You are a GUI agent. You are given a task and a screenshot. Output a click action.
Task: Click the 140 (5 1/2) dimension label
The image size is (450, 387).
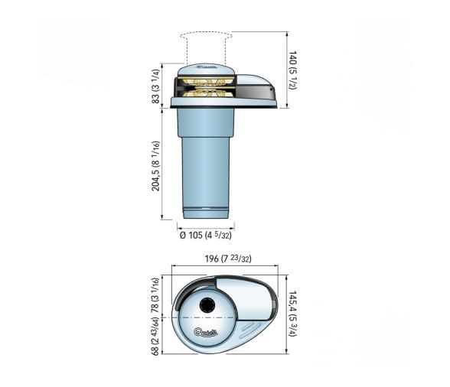pos(293,69)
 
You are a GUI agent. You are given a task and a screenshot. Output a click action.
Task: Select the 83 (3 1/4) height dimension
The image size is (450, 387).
pos(156,86)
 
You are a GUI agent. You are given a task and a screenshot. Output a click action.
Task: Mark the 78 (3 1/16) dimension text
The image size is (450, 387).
pos(156,294)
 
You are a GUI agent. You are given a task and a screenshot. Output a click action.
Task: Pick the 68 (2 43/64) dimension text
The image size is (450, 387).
pos(156,337)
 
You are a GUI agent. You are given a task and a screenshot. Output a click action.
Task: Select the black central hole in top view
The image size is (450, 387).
pos(207,306)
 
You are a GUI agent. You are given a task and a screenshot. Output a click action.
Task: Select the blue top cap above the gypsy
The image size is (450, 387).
pos(205,71)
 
